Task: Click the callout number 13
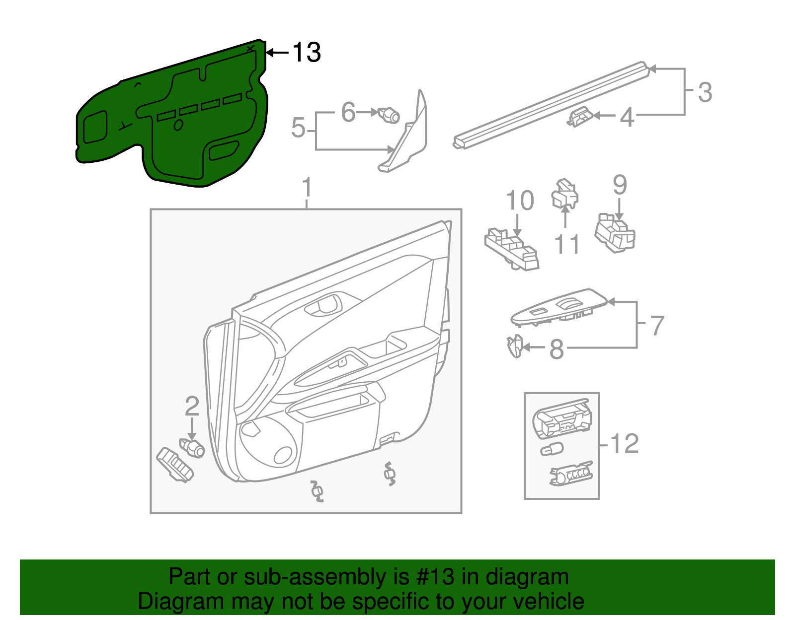click(307, 53)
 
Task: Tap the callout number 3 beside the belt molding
click(705, 92)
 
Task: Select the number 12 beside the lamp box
click(624, 443)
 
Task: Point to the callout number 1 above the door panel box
click(307, 188)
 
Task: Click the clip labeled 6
click(389, 116)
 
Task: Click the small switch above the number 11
click(565, 194)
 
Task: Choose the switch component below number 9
click(615, 234)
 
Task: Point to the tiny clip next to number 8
click(515, 345)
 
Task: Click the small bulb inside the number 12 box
click(552, 450)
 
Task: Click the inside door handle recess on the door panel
click(323, 304)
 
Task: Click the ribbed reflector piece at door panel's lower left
click(174, 465)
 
